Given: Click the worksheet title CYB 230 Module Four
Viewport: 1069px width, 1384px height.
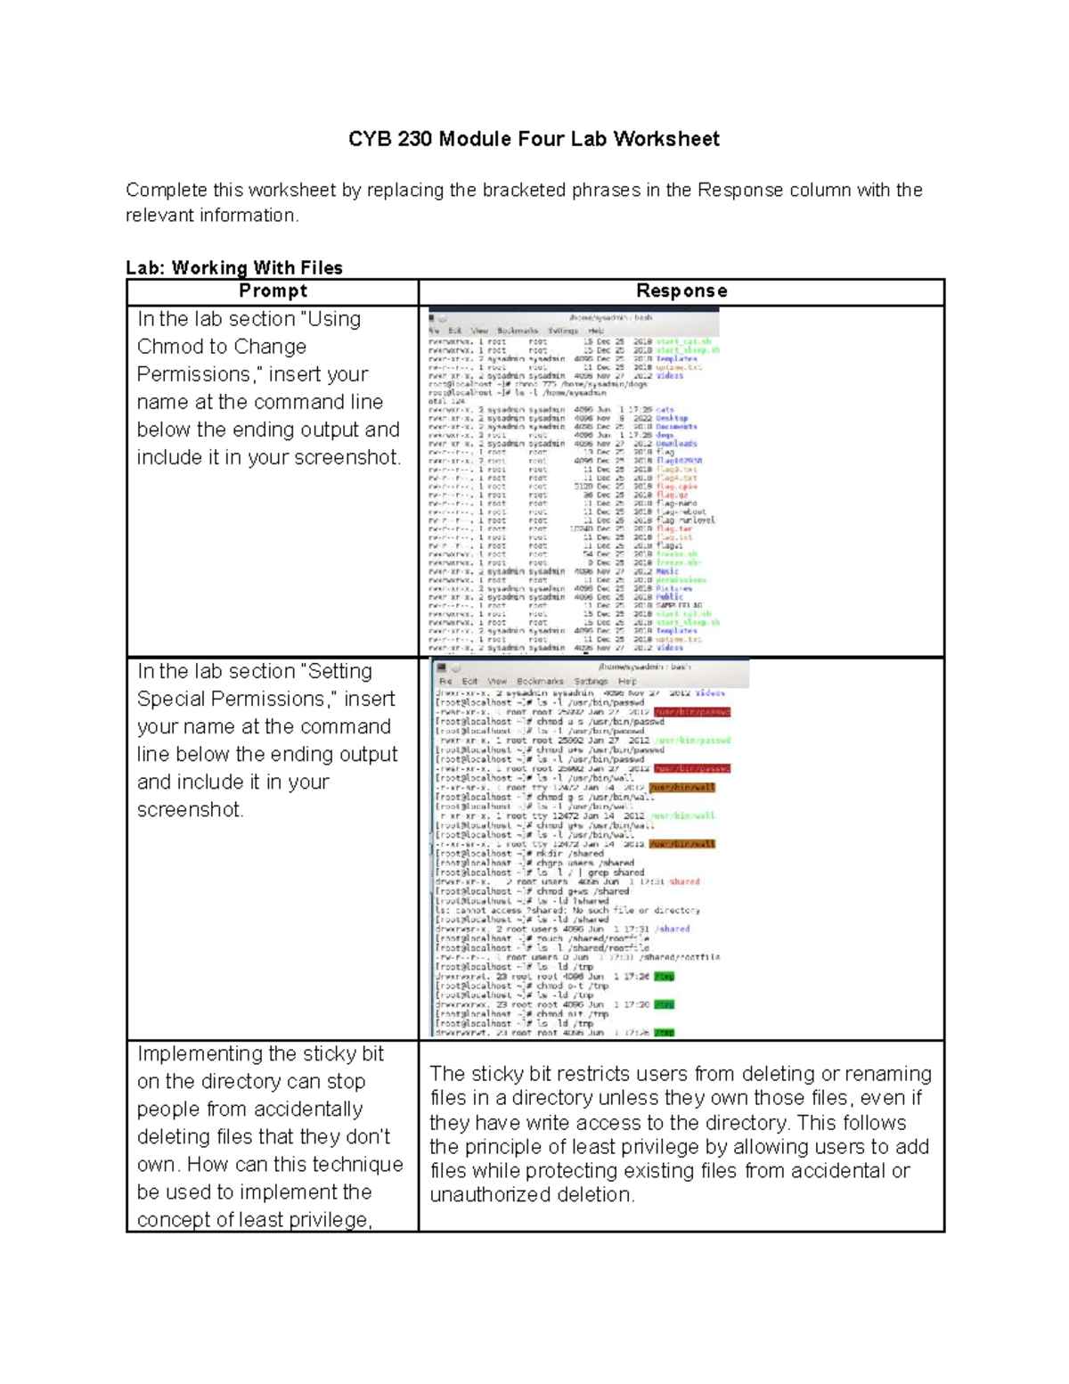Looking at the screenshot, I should click(533, 139).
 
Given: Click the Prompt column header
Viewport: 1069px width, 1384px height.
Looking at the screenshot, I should click(273, 291).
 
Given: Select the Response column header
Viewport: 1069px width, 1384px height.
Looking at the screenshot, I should click(681, 291).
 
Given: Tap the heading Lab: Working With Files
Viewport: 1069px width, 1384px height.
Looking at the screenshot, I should click(234, 267).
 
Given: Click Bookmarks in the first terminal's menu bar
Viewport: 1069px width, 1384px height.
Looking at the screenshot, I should click(518, 331).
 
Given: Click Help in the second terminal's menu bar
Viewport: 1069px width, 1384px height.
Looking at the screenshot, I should click(627, 681).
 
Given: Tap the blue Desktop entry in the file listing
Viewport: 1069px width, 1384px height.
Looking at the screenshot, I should click(672, 418).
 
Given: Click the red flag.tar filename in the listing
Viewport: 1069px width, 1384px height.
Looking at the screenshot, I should click(673, 528).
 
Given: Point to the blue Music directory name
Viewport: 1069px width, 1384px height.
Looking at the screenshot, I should click(667, 571).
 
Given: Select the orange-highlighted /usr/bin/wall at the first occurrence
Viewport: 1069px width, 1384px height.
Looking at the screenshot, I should click(681, 788).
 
